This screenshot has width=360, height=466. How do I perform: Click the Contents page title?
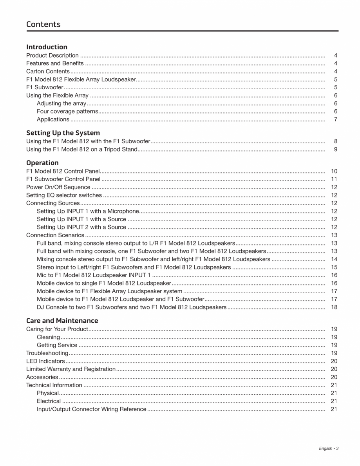tap(43, 24)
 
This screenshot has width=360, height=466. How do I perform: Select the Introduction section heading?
tap(47, 47)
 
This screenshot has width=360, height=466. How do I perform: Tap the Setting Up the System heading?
tap(63, 133)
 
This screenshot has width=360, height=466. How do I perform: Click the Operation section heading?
tap(42, 163)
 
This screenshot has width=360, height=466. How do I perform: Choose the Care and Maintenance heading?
tap(62, 320)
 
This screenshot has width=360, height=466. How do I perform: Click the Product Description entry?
tap(52, 56)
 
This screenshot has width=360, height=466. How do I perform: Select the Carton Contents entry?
tap(48, 71)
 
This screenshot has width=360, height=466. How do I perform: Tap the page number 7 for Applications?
tap(336, 119)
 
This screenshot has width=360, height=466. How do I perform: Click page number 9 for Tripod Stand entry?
tap(336, 149)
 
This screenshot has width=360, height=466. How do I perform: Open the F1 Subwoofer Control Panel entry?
tap(63, 179)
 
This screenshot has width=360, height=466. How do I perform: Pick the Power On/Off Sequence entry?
tap(58, 187)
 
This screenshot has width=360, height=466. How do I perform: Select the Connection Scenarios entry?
tap(55, 235)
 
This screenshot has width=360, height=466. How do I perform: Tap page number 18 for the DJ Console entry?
tap(334, 307)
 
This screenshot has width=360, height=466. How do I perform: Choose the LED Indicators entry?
tap(45, 361)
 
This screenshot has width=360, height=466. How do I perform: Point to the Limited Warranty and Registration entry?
tap(71, 369)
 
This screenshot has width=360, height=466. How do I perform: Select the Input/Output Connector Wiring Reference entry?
tap(91, 409)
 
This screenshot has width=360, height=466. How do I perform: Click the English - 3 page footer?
tap(328, 448)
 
